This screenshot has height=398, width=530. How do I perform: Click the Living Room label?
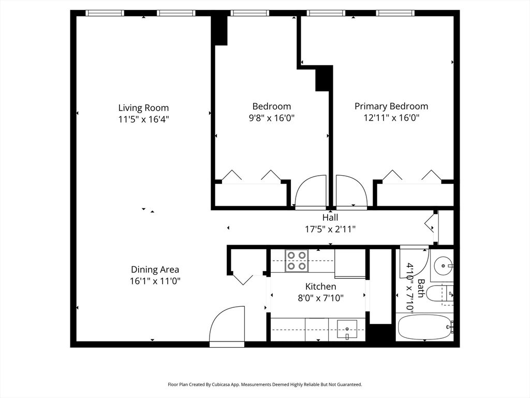[143, 108]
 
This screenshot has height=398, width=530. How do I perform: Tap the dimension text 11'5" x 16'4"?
[143, 119]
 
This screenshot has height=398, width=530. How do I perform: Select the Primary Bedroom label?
[391, 106]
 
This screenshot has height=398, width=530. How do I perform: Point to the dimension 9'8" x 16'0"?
[272, 118]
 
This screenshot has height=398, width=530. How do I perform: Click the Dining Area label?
[155, 269]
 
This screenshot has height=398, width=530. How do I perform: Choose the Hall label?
[330, 218]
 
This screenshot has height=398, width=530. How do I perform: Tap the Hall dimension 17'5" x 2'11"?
[330, 229]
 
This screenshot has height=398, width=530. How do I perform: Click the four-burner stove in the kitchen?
[297, 261]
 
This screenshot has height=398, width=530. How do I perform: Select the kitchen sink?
[347, 329]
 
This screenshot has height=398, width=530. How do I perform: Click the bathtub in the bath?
[424, 327]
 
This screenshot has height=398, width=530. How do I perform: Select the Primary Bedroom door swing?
[350, 192]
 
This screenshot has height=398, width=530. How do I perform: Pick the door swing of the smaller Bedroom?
[311, 192]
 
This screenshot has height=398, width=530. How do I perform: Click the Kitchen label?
[320, 287]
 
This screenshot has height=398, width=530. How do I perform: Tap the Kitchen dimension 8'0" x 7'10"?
[320, 297]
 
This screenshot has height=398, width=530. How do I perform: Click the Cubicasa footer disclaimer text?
[264, 385]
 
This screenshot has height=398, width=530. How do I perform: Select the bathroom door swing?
[414, 262]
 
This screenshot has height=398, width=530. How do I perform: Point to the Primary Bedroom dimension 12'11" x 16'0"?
[391, 118]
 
